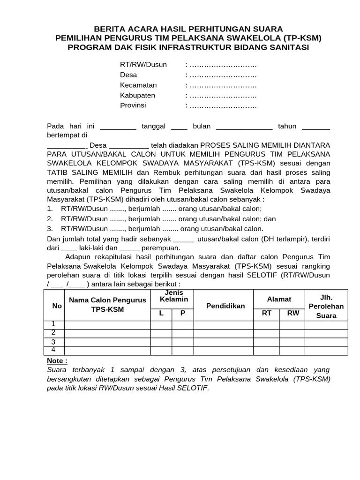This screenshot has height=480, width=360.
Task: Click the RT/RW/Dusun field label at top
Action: [143, 65]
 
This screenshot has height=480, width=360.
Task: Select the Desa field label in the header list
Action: [128, 75]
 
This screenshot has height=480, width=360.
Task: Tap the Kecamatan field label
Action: [138, 85]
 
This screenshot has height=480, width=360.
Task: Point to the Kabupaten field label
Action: [137, 96]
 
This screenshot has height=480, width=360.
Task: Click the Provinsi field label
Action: [133, 105]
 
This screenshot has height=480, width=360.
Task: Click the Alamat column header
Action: [279, 299]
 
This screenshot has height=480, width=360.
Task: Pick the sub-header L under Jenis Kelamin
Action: [161, 313]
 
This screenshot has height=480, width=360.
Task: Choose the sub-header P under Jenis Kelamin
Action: [183, 313]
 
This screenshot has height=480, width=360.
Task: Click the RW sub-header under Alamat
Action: [293, 313]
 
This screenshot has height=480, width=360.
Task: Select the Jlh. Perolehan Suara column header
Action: [326, 306]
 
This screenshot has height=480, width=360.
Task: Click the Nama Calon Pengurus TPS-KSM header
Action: [107, 305]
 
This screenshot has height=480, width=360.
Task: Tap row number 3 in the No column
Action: [53, 342]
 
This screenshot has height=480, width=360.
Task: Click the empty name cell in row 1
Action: [107, 324]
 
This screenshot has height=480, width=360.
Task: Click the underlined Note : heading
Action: [57, 361]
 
